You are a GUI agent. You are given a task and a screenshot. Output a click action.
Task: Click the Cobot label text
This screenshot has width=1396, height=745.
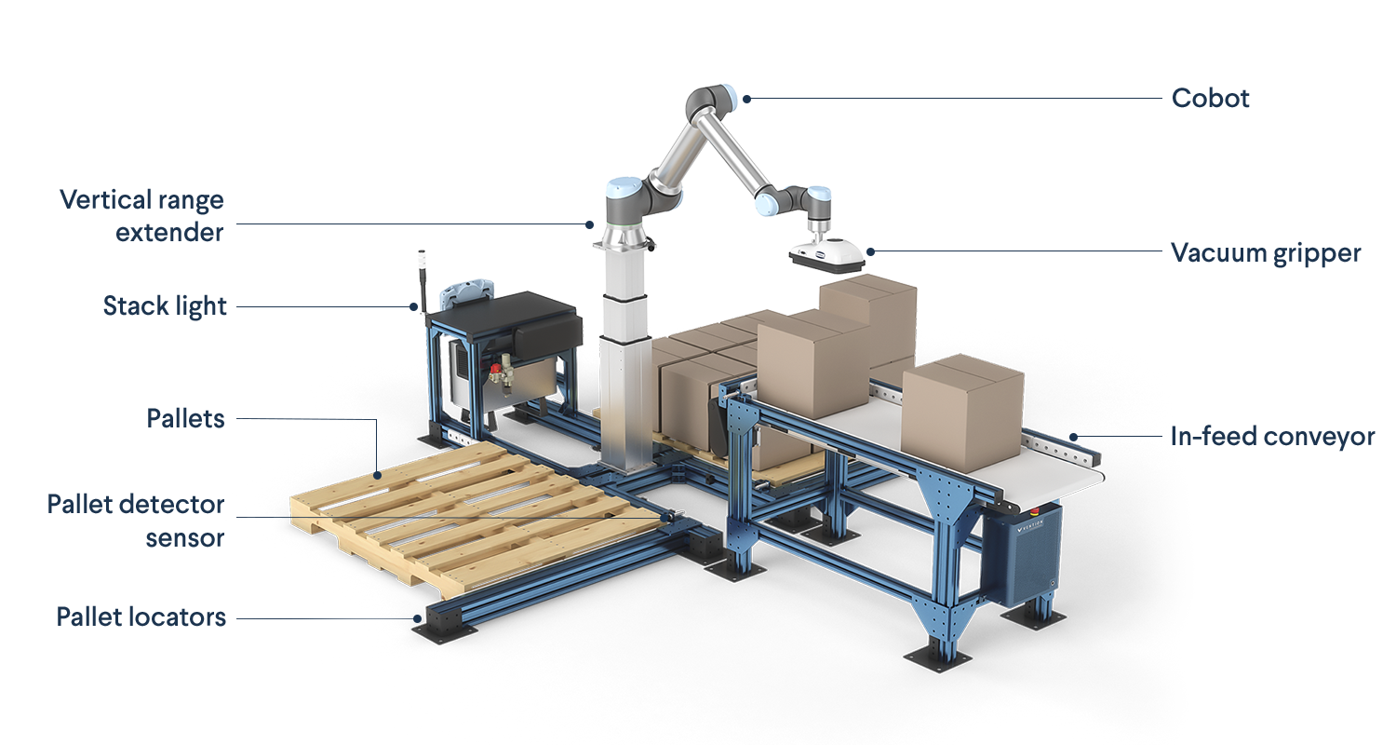(1210, 99)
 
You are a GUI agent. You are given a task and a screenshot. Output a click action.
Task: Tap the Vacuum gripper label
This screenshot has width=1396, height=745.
(1266, 253)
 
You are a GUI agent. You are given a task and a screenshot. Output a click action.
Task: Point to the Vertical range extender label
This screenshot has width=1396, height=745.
(142, 215)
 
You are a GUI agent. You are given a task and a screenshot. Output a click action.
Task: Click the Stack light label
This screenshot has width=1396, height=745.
(165, 306)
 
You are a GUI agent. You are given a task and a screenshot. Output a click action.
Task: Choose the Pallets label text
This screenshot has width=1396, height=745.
(186, 419)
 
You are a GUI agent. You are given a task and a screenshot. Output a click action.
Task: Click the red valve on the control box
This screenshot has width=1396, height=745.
(496, 374)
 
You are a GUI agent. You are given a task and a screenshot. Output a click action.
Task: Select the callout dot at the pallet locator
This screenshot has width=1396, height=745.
(417, 616)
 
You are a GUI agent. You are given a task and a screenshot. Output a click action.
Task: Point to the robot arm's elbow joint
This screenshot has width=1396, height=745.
(705, 102)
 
